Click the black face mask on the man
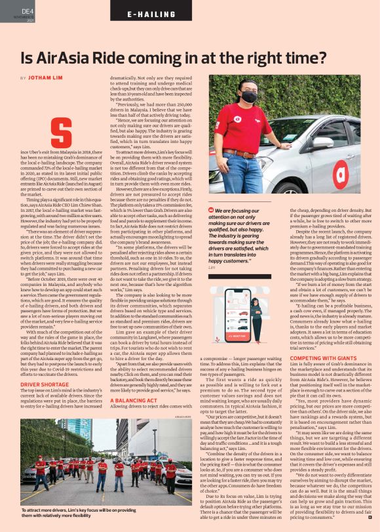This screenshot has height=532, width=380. (x=248, y=97)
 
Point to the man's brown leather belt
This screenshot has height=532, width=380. (x=241, y=155)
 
